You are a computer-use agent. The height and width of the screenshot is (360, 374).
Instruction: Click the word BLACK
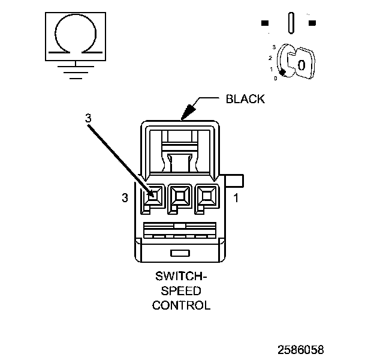pos(245,99)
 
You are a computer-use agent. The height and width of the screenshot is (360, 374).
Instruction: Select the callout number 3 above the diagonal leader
pos(88,119)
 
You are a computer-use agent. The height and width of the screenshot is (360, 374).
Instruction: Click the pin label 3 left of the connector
pos(125,198)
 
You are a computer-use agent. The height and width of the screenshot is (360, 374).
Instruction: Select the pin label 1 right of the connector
pos(236,198)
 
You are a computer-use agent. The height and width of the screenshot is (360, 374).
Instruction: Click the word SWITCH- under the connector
pos(181,278)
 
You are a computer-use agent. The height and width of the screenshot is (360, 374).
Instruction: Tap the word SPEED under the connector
pos(181,291)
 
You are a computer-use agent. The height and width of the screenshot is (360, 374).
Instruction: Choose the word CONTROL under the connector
pos(181,305)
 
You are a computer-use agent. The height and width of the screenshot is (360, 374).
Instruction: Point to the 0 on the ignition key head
pos(301,64)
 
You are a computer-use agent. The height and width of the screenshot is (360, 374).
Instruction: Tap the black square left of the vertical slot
pos(265,23)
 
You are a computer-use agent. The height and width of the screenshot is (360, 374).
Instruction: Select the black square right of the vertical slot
pos(312,23)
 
